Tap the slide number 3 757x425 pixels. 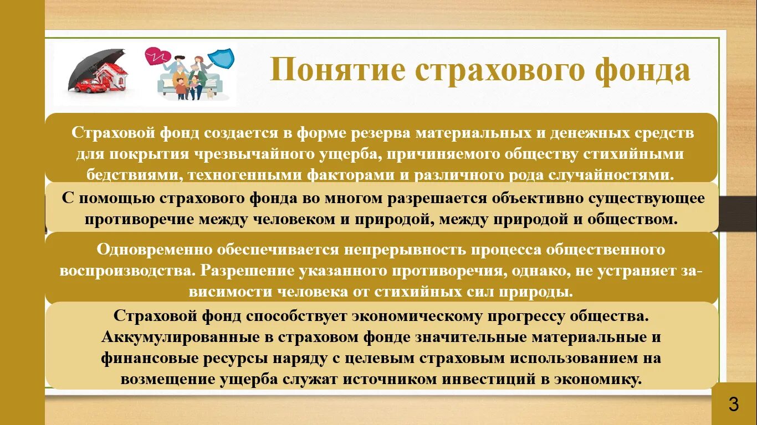point(733,405)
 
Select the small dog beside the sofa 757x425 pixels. point(210,94)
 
